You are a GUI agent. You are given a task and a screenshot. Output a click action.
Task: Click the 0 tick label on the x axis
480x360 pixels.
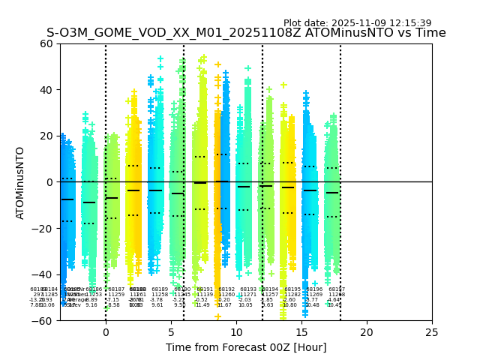pos(106,332)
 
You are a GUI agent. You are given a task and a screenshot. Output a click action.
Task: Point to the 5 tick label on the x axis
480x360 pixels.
pos(171,332)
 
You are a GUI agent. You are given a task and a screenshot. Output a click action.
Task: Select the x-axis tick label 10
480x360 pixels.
pos(236,332)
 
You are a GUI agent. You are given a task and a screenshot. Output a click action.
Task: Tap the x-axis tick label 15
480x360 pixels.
pos(301,332)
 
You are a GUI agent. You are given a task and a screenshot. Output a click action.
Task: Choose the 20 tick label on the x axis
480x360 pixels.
pos(367,332)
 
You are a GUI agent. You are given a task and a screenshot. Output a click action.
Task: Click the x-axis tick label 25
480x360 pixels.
pos(432,332)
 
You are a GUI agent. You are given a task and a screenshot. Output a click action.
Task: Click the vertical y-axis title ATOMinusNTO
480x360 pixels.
pos(20,182)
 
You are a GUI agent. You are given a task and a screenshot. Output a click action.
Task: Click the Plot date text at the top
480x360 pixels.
pos(357,23)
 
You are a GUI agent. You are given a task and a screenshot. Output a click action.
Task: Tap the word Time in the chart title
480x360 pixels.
pos(431,33)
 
